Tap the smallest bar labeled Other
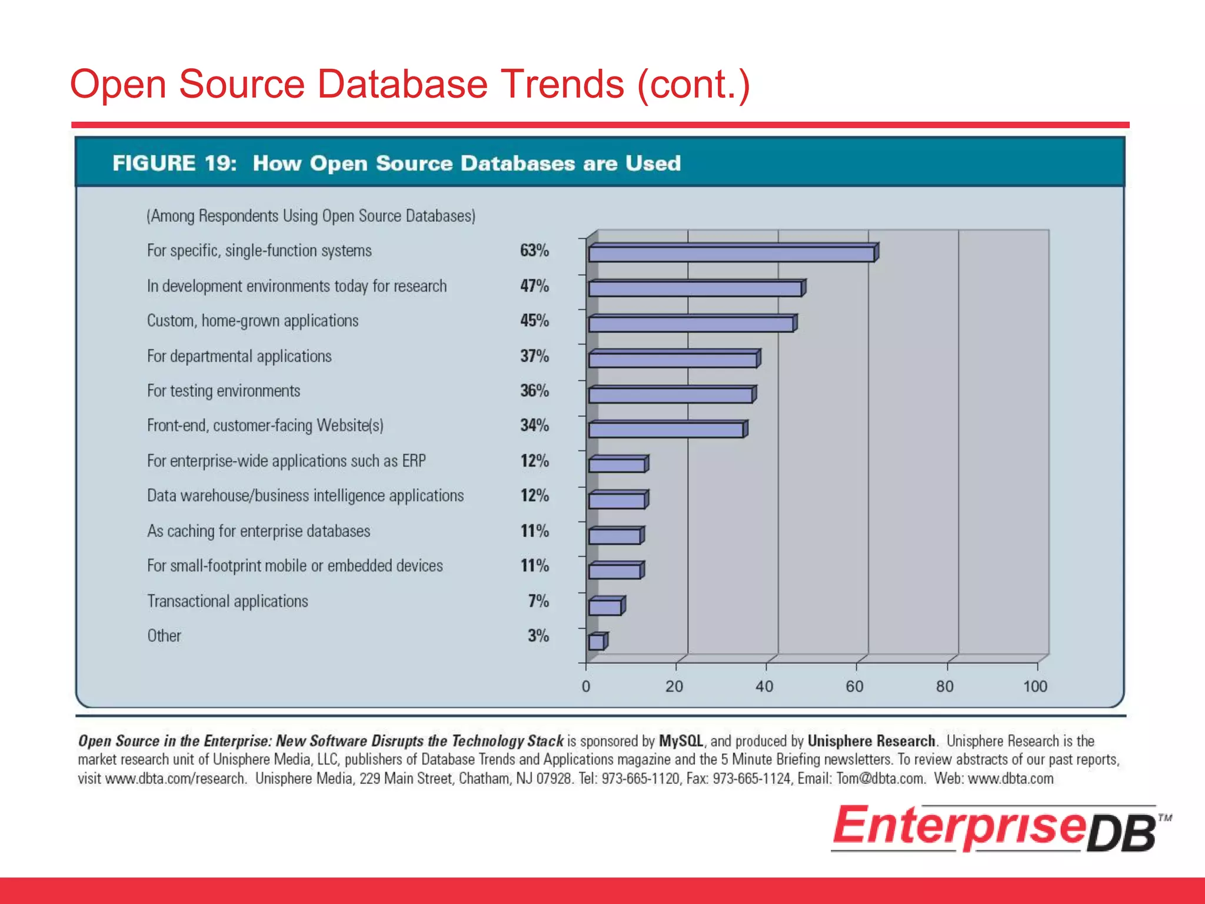(596, 642)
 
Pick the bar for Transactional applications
(605, 607)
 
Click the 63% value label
(534, 251)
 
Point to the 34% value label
(534, 426)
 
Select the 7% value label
(538, 601)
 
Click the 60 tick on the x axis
(854, 686)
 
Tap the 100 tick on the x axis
(1035, 686)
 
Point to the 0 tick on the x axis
(585, 686)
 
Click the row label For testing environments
(224, 391)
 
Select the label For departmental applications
(239, 356)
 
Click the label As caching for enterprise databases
(258, 531)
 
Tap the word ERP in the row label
(414, 461)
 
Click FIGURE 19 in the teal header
(174, 163)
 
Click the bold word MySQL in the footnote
(681, 741)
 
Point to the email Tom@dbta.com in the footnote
(880, 779)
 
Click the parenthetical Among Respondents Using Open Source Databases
(311, 216)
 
